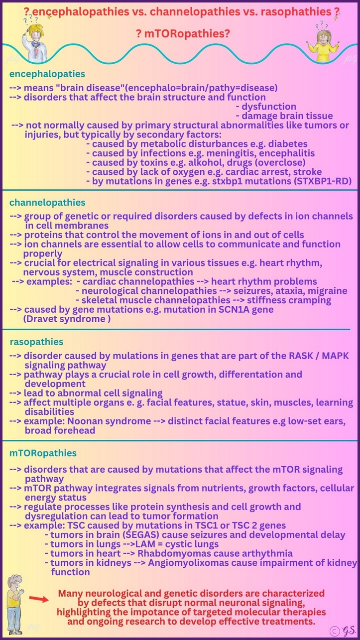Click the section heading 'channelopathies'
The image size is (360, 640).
coord(47,203)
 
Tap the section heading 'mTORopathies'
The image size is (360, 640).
coord(43,453)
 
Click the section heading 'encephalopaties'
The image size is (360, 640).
coord(47,74)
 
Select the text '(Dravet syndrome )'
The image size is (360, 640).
coord(67,319)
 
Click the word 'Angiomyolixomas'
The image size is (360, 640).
coord(174,563)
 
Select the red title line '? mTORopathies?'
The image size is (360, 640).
coord(180,34)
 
